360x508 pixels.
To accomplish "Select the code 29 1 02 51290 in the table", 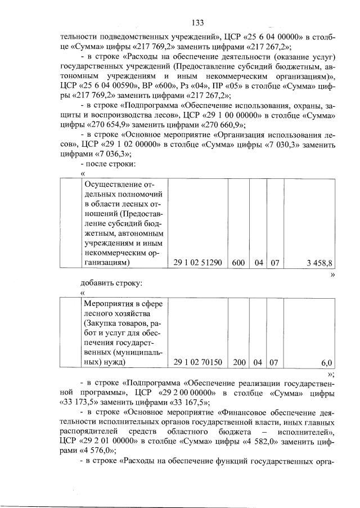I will pos(197,263).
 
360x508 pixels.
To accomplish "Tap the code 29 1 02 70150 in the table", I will pos(197,363).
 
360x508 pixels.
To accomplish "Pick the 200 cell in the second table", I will pos(240,363).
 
